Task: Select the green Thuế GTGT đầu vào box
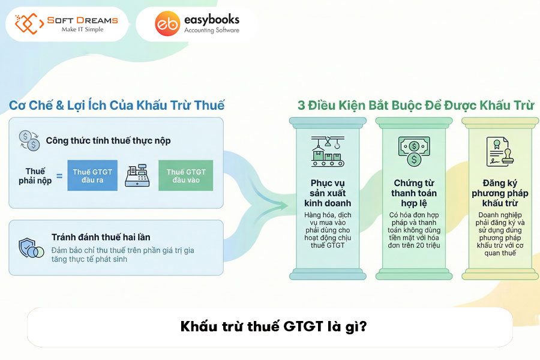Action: coord(185,175)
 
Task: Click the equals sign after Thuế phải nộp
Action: coord(59,176)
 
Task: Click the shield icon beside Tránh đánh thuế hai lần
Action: coord(30,248)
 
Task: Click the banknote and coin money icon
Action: coord(413,151)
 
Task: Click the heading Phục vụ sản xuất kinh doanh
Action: coord(327,193)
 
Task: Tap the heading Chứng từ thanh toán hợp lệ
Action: coord(414,193)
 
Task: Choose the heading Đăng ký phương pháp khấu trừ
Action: coord(500,193)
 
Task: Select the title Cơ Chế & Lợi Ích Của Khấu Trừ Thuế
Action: coord(116,105)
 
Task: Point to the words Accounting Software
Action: coord(211,31)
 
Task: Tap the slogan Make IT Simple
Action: coord(82,30)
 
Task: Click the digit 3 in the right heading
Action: coord(302,105)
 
